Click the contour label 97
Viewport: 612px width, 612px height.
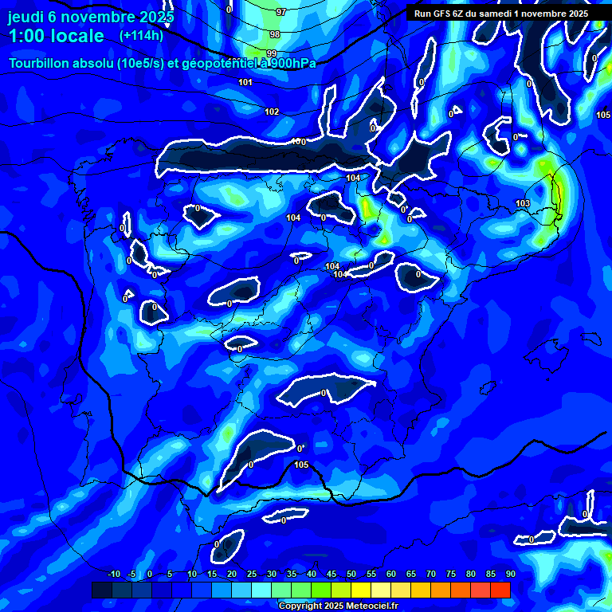[280, 12]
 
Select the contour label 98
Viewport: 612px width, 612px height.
[275, 34]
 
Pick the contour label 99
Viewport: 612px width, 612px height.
[271, 53]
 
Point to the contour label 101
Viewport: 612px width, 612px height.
[245, 82]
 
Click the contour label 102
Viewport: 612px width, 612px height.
[273, 112]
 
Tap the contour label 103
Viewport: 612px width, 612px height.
[523, 204]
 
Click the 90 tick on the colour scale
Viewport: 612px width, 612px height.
[510, 575]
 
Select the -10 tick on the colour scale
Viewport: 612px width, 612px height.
[113, 575]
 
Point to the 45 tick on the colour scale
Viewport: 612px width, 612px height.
[331, 575]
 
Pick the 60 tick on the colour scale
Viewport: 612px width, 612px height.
[390, 575]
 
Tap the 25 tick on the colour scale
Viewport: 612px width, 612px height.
[252, 575]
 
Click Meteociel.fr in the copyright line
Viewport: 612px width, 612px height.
[371, 606]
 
